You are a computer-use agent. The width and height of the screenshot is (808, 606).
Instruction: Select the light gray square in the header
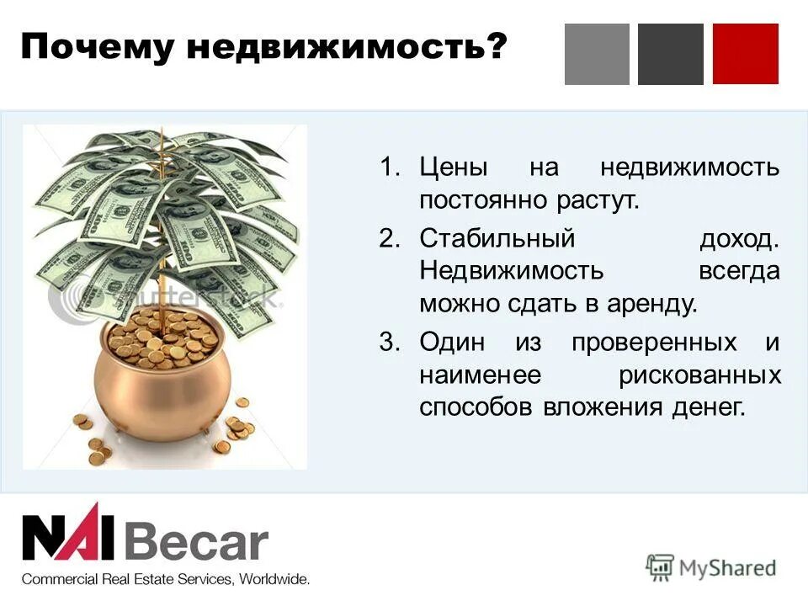(597, 54)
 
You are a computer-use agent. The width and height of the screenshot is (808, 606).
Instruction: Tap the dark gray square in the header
(671, 54)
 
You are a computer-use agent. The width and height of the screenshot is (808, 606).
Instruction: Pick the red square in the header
(745, 54)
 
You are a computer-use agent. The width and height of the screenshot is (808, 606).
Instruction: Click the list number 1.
(388, 167)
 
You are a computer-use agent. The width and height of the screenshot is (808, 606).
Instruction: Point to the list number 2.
(388, 237)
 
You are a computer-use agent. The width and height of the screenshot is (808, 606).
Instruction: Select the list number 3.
(388, 343)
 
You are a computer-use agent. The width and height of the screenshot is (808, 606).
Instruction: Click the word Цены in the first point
(454, 167)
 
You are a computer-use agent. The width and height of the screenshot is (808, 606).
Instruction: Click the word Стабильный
(497, 237)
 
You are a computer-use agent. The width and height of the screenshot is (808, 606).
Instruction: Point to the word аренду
(653, 304)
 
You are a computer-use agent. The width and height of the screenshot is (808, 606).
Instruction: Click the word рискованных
(699, 375)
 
